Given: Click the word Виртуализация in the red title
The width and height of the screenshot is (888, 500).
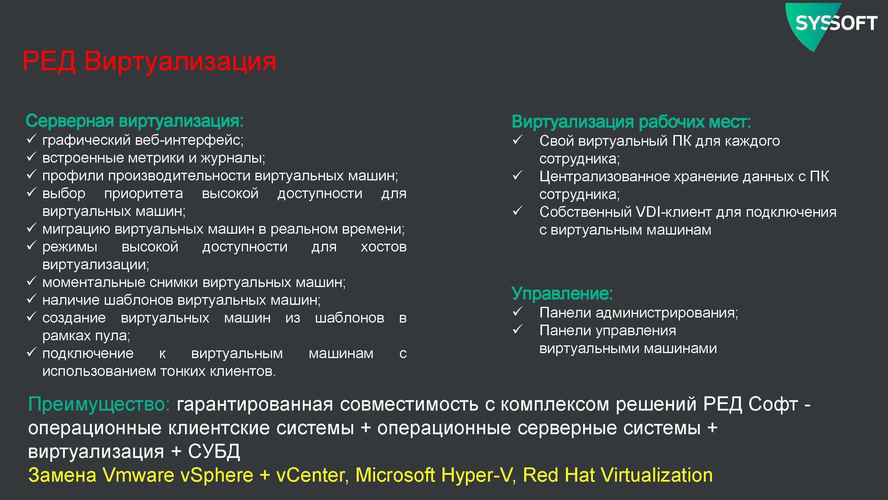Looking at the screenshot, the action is [180, 61].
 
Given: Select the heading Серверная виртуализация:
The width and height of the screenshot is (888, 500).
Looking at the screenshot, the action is [135, 121].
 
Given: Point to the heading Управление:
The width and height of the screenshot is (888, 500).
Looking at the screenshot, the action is [562, 293].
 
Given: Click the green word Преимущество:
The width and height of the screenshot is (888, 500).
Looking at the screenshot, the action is [99, 404].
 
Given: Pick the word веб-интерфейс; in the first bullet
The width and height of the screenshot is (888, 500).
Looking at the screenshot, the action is [189, 140].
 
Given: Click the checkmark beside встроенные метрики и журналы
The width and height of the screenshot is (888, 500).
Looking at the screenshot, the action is [31, 157].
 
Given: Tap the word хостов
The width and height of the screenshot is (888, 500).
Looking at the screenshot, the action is [384, 247].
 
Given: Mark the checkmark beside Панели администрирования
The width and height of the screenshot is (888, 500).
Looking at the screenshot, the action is [517, 312].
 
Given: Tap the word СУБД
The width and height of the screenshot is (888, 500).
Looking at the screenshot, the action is [214, 451].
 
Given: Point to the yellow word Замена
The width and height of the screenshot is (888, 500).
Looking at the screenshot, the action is [62, 475].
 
